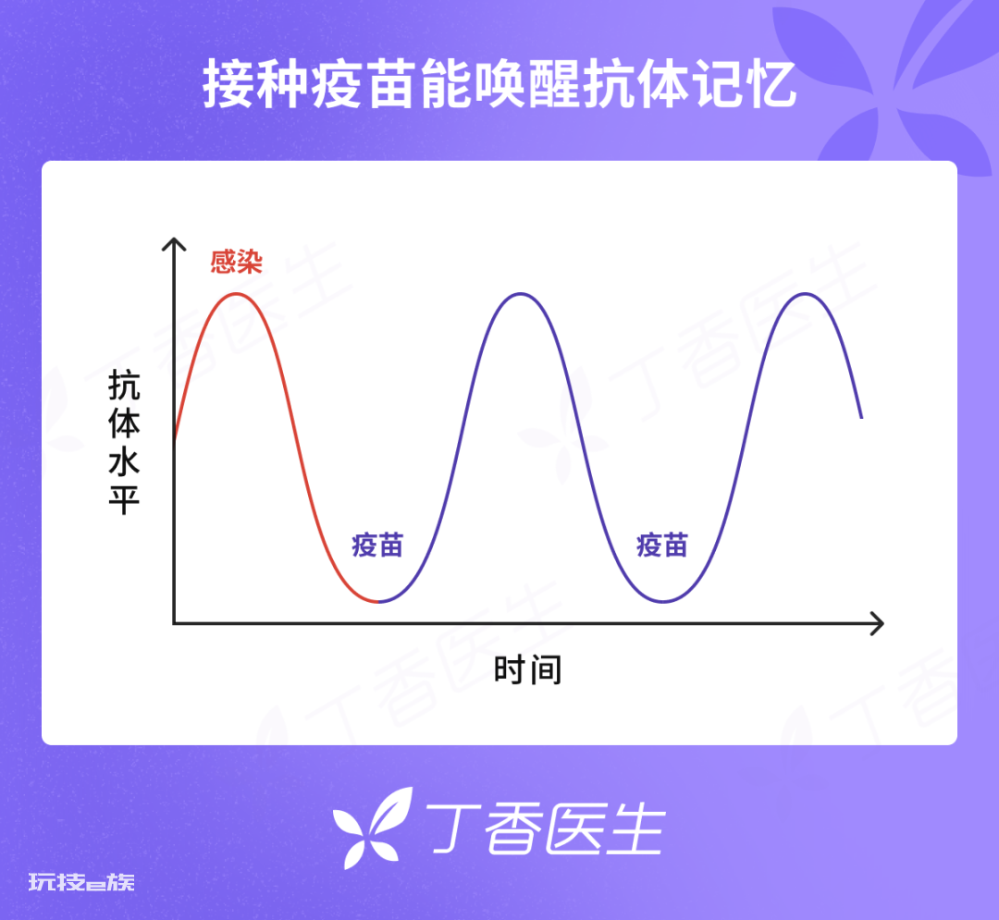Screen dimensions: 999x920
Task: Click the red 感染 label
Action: click(237, 261)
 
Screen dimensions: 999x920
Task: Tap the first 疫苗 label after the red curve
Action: click(377, 546)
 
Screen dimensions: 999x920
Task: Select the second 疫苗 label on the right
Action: click(662, 546)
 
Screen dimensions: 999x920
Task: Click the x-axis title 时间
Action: click(527, 669)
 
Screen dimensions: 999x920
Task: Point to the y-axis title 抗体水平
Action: click(124, 442)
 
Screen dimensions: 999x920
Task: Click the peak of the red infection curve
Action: click(237, 294)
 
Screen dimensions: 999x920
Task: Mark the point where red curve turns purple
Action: click(377, 601)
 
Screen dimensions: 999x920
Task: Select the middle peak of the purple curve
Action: click(521, 294)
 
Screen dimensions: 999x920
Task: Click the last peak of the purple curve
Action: click(805, 294)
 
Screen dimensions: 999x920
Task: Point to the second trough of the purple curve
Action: click(663, 601)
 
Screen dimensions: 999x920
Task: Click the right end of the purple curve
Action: click(861, 418)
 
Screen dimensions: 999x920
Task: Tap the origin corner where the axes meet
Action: click(174, 623)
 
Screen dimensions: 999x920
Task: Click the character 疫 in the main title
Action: click(338, 83)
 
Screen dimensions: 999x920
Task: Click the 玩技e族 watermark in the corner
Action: click(81, 882)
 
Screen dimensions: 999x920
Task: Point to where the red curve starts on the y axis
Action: click(175, 438)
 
